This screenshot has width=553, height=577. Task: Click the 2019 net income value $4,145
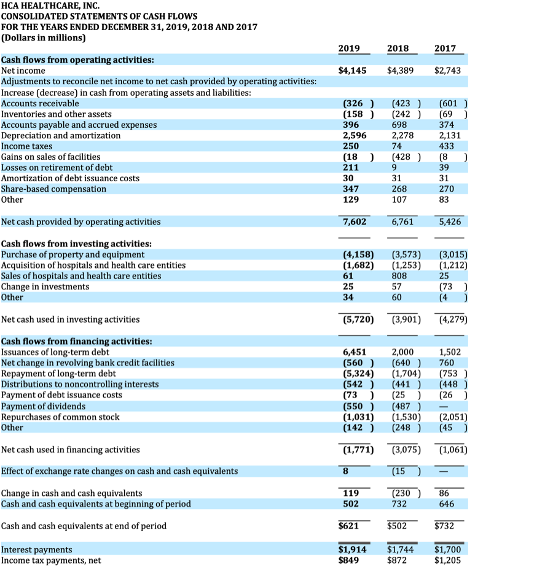coord(353,71)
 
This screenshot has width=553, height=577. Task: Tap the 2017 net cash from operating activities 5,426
coord(450,221)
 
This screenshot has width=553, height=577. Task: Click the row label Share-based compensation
coord(53,189)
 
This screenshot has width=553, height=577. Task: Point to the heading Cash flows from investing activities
coord(77,243)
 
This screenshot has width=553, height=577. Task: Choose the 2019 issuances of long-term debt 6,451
coord(354,352)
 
